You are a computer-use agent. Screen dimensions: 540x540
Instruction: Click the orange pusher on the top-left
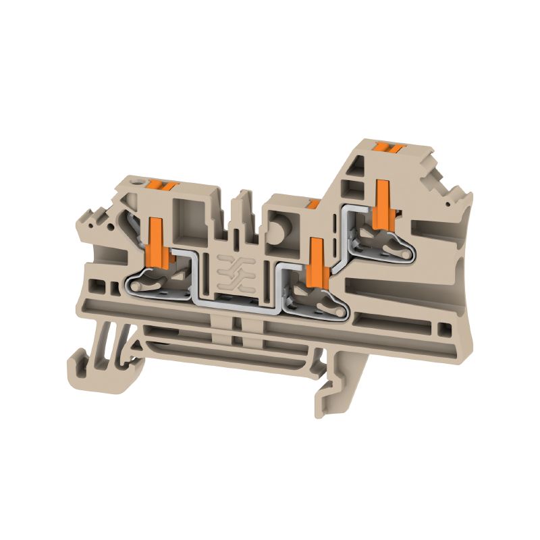pyautogui.click(x=162, y=184)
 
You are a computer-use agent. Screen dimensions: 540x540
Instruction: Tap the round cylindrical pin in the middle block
pyautogui.click(x=277, y=227)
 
